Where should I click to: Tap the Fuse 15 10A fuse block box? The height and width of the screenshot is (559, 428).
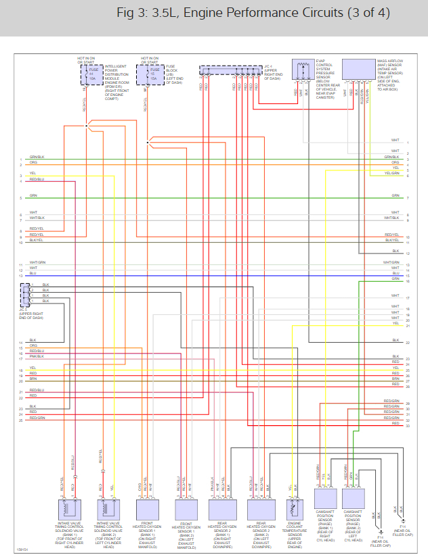(x=151, y=74)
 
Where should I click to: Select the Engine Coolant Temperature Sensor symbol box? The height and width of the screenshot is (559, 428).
(x=295, y=508)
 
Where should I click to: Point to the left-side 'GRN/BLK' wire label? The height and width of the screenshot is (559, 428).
(x=37, y=157)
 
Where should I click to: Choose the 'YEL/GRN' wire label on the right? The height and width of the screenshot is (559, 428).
(x=392, y=173)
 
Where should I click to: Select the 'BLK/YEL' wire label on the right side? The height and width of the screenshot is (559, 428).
(x=391, y=240)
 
